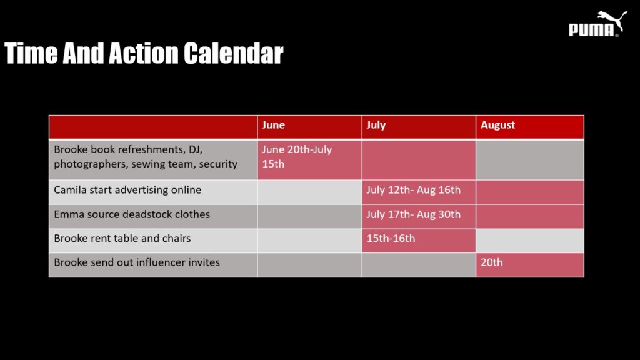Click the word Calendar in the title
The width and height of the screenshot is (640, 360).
click(x=233, y=54)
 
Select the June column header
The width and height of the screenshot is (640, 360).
click(x=309, y=127)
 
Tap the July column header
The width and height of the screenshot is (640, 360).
click(x=419, y=127)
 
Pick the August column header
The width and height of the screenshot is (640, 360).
click(x=530, y=127)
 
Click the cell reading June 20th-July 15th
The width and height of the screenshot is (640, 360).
click(x=309, y=160)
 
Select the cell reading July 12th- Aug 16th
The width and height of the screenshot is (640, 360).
click(x=419, y=192)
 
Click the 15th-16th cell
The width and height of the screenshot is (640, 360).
click(x=419, y=241)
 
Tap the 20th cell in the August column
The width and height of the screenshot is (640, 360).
click(x=530, y=265)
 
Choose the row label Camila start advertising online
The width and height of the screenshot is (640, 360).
click(x=127, y=190)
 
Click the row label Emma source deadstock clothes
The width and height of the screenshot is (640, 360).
click(x=132, y=215)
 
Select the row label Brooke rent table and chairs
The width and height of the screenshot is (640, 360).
click(x=122, y=239)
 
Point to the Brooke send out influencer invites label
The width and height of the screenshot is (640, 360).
click(x=137, y=262)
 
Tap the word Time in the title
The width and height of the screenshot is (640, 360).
click(x=31, y=54)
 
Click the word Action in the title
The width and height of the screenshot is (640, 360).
click(x=144, y=54)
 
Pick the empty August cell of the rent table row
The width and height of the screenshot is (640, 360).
click(x=530, y=241)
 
